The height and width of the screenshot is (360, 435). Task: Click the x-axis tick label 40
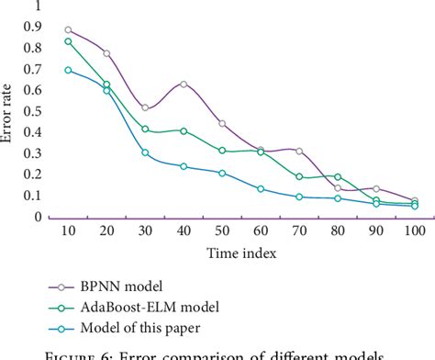[184, 231]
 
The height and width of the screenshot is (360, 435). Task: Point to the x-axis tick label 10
[68, 231]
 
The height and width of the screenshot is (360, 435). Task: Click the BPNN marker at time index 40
[184, 84]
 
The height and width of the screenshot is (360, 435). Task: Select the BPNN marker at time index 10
[68, 30]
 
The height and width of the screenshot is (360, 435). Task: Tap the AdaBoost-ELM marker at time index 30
[145, 129]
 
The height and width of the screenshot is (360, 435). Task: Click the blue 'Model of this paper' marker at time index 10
[68, 70]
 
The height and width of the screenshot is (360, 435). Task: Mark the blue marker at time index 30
[145, 152]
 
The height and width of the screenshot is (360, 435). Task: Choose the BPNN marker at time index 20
[106, 53]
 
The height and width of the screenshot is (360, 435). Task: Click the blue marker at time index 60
[261, 189]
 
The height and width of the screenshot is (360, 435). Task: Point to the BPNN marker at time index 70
[299, 151]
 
